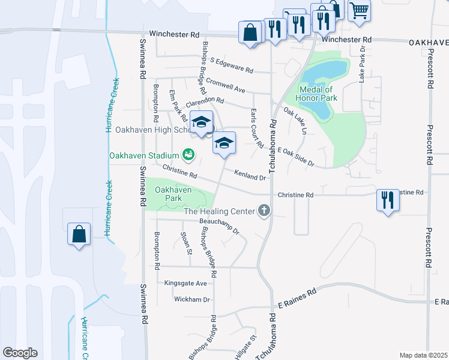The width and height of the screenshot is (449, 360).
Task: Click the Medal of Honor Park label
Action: pyautogui.click(x=317, y=94)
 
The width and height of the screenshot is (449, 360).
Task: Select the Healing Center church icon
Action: pyautogui.click(x=264, y=211)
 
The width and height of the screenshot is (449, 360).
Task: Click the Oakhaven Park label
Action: pyautogui.click(x=173, y=194)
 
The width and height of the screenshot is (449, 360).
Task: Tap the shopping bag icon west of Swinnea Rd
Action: pyautogui.click(x=79, y=234)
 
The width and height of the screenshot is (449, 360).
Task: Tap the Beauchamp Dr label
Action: pyautogui.click(x=219, y=226)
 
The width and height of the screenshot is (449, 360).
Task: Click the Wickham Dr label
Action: pyautogui.click(x=192, y=299)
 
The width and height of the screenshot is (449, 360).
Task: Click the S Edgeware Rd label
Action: pyautogui.click(x=232, y=65)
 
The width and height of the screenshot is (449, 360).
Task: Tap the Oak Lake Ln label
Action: pyautogui.click(x=295, y=121)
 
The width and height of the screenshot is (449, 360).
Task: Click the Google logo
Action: pyautogui.click(x=20, y=353)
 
